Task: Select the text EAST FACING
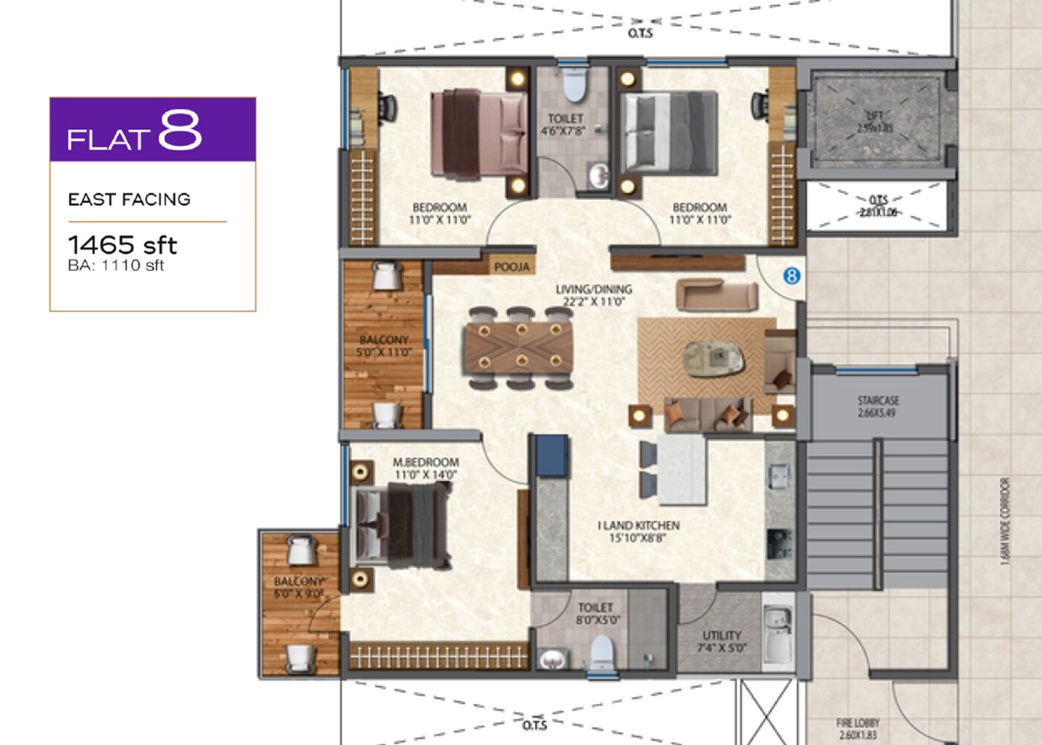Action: tap(129, 199)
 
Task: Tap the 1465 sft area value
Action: tap(123, 245)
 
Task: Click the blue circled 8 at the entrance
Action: tap(791, 276)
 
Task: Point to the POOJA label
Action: tap(512, 267)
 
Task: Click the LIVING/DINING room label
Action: tap(594, 295)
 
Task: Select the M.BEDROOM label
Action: tap(426, 468)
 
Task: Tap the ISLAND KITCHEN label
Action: tap(639, 531)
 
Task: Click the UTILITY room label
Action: tap(721, 642)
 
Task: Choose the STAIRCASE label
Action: tap(878, 406)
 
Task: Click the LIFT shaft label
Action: tap(875, 122)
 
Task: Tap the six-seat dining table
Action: tap(520, 348)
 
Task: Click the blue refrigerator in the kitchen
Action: tap(553, 455)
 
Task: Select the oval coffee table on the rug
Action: tap(713, 358)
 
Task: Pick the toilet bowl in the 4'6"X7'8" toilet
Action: tap(573, 84)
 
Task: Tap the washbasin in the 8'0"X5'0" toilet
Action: tap(552, 660)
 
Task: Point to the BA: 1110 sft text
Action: tap(115, 266)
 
